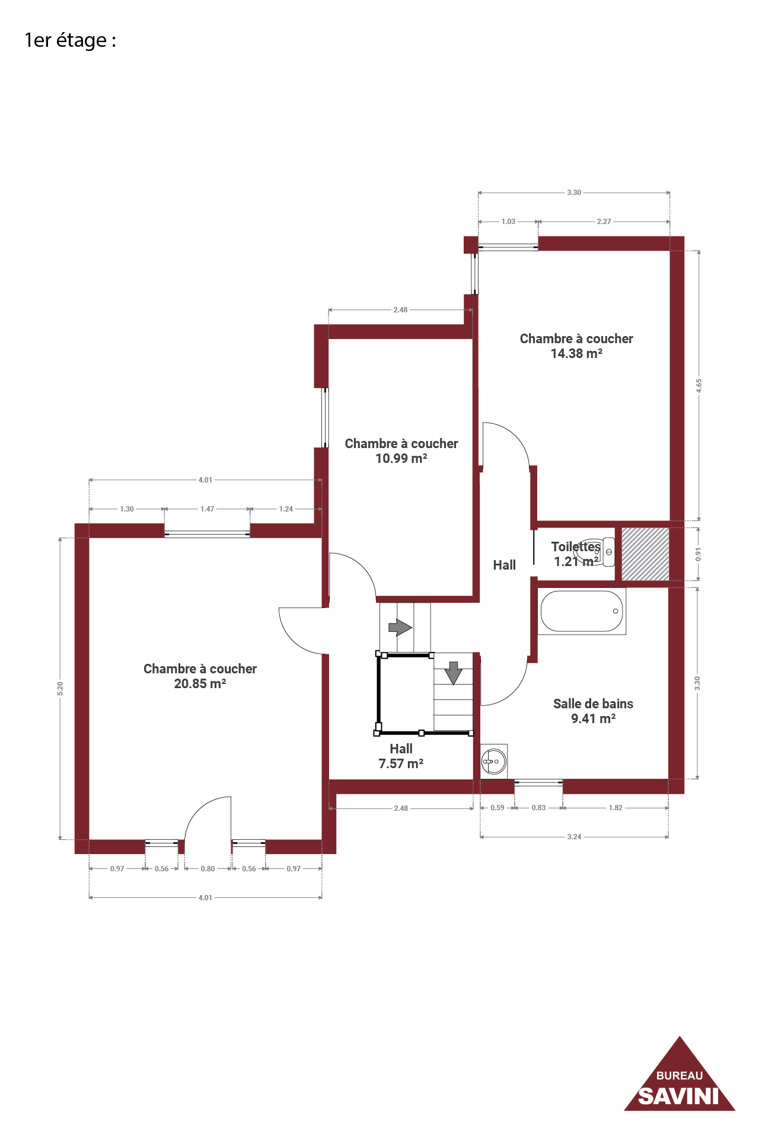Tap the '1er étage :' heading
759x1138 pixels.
tap(70, 40)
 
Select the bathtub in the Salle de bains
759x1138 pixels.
tap(582, 611)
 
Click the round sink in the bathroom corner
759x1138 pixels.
tap(493, 760)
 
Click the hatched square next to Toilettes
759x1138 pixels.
tap(645, 554)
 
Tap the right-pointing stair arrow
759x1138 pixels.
tap(400, 626)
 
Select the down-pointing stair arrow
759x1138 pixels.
tap(454, 673)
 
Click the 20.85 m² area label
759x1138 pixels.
tap(200, 683)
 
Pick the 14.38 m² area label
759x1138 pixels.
tap(576, 353)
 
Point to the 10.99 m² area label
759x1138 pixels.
tap(401, 458)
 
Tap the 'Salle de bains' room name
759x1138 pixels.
tap(593, 704)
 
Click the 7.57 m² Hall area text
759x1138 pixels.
tap(401, 763)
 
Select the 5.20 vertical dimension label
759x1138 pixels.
tap(60, 689)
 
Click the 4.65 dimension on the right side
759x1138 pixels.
tap(699, 386)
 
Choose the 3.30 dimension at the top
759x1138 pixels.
tap(574, 193)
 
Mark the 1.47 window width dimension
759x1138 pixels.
tap(207, 509)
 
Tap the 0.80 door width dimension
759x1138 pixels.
tap(208, 869)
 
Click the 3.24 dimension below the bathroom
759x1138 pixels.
tap(574, 837)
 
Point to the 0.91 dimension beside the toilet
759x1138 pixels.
tap(699, 555)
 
